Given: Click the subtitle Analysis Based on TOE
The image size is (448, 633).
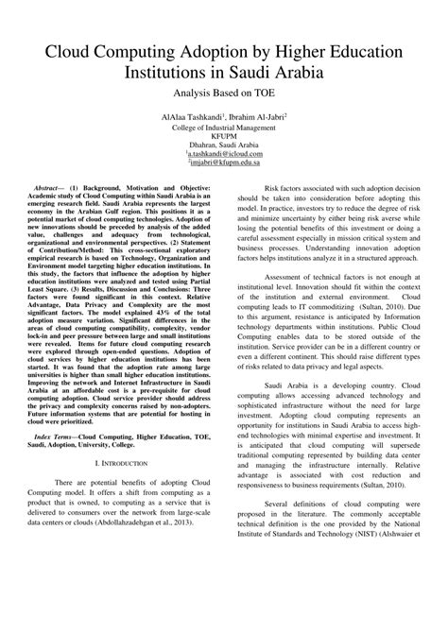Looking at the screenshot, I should click(224, 94).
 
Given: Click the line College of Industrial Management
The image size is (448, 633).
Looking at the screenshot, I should click(224, 128).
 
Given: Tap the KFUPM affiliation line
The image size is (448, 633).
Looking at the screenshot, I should click(224, 136).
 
